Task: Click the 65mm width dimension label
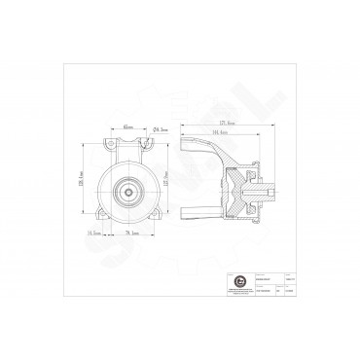(x=128, y=126)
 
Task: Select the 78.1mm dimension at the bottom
(x=128, y=234)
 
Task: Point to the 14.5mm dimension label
(x=95, y=234)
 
